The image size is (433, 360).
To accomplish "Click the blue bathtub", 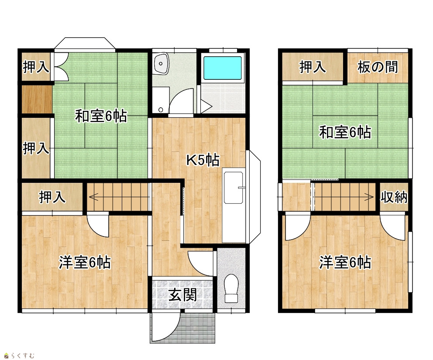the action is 223,68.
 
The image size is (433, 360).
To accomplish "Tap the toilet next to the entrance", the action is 231,288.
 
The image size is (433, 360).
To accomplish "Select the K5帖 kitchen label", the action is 203,160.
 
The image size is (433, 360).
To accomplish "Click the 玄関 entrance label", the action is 182,295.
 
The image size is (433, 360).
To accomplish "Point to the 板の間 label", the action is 378,67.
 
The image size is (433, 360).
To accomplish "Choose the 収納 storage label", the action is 394,197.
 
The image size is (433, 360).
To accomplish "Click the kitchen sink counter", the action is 234,206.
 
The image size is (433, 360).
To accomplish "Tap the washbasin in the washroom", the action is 161,64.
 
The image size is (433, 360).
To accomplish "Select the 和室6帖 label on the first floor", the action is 101,116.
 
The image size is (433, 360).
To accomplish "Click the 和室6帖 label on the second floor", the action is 345,132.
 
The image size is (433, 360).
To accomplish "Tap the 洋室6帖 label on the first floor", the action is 85,262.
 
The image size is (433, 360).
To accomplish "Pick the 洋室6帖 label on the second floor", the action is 345,262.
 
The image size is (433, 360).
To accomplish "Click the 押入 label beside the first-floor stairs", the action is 52,197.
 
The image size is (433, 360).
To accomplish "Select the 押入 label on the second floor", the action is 313,67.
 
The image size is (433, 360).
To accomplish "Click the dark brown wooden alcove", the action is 37,99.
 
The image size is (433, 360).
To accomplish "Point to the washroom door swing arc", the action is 178,96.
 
